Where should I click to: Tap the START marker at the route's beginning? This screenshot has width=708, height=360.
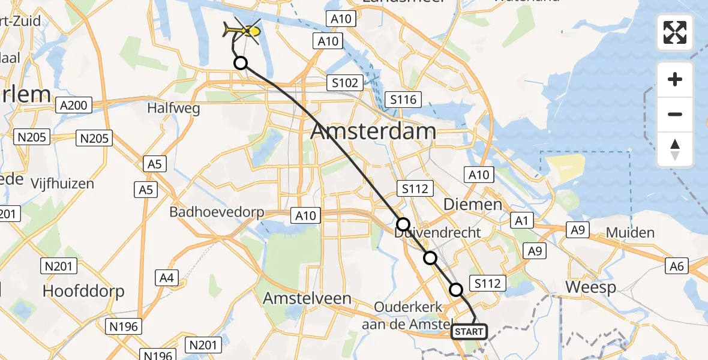(469, 331)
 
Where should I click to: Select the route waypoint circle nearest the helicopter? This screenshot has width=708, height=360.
(240, 62)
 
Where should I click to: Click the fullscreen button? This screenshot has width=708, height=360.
(675, 32)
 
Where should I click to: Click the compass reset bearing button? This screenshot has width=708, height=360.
(675, 149)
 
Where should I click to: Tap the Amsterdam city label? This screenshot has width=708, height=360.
(373, 132)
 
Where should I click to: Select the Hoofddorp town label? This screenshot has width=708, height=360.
(83, 292)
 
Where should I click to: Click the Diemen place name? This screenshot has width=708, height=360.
(472, 205)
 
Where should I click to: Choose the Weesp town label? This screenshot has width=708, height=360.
(591, 287)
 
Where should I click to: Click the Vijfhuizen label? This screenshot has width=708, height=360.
(64, 184)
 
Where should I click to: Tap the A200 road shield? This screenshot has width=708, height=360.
(74, 106)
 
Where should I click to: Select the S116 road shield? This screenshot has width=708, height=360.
(403, 100)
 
